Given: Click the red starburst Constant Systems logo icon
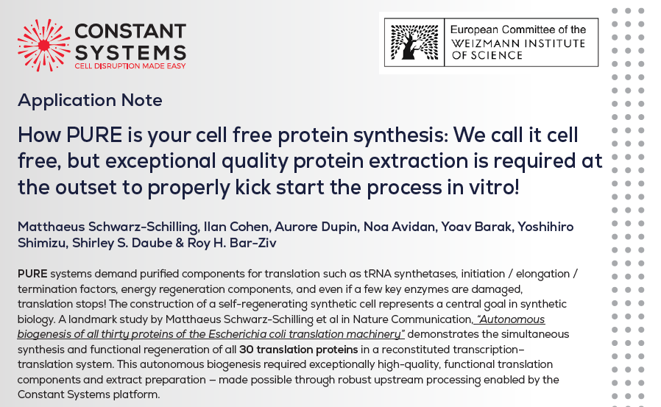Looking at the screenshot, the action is (x=44, y=45).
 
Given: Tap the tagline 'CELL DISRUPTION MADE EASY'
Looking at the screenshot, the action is (x=130, y=66).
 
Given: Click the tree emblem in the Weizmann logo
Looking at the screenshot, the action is (x=414, y=42).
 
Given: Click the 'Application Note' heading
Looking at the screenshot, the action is (x=90, y=100).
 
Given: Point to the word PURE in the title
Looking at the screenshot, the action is (x=94, y=135).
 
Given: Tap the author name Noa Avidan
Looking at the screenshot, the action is (x=399, y=227).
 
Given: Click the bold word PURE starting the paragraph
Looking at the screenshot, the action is (x=32, y=274).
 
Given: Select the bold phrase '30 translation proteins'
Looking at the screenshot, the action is (x=298, y=350).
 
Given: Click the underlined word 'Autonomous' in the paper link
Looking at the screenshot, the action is (x=511, y=319).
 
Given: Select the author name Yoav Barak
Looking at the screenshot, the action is (x=476, y=227).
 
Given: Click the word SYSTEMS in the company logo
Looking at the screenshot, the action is (x=130, y=53).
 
